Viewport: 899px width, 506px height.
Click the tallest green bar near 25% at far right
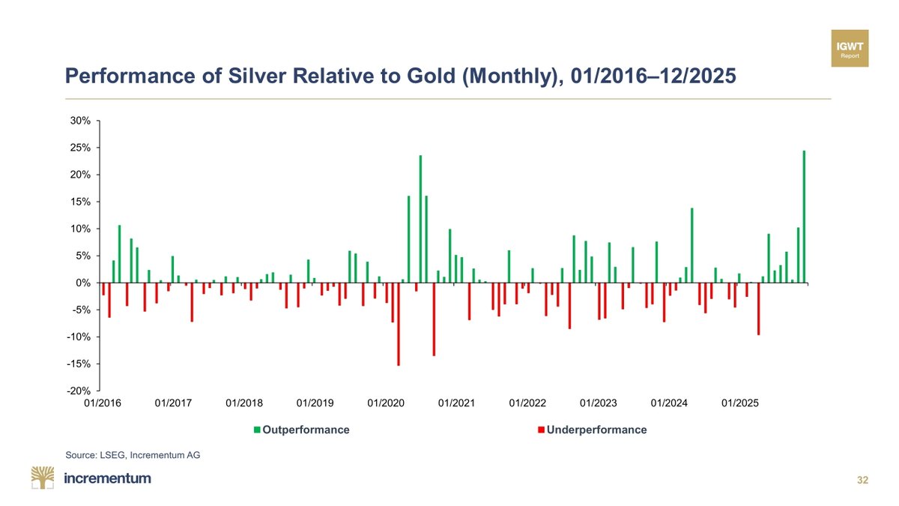pos(804,217)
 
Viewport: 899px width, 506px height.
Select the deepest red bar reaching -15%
pos(399,324)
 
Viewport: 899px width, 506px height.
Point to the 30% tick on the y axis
pos(81,121)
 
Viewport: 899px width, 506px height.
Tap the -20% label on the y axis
pos(79,391)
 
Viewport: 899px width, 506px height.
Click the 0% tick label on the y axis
pos(82,283)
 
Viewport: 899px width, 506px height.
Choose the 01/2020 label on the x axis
pos(386,403)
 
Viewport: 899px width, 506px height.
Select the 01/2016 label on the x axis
pos(102,403)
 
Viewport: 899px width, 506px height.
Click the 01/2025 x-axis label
pos(740,403)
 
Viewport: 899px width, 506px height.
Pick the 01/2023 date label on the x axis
pos(599,403)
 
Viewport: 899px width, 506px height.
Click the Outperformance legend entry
pos(302,430)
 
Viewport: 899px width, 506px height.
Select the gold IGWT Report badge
pos(850,48)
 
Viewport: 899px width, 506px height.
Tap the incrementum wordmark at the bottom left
pos(108,478)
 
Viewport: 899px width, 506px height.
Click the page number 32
pos(862,481)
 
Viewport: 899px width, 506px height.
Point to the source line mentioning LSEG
pos(133,454)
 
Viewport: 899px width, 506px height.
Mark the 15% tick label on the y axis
pos(81,202)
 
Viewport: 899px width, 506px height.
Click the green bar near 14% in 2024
pos(691,245)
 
